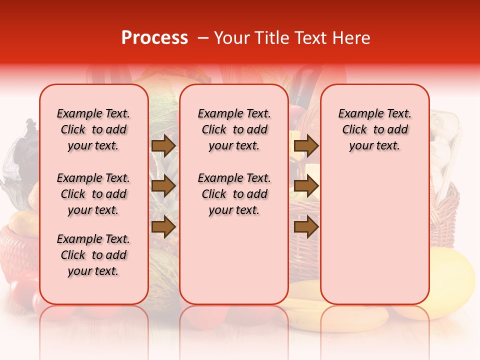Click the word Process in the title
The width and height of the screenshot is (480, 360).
click(x=154, y=38)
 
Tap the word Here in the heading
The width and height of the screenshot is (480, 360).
click(x=351, y=38)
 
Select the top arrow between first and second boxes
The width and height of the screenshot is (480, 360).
click(x=163, y=146)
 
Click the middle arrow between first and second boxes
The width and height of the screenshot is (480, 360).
click(x=163, y=186)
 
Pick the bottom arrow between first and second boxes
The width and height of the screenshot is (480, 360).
click(x=163, y=227)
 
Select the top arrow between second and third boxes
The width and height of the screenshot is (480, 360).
click(x=306, y=146)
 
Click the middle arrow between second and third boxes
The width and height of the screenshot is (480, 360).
click(x=306, y=186)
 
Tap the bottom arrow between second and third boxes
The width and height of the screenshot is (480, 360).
click(x=306, y=227)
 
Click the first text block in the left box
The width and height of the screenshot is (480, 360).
click(x=93, y=129)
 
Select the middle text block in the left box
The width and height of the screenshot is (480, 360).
click(x=93, y=194)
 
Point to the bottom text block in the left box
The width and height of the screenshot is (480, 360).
click(x=93, y=255)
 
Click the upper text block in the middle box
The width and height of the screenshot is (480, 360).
click(x=234, y=129)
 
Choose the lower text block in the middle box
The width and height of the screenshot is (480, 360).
click(x=234, y=194)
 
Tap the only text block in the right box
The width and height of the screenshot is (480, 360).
click(x=374, y=129)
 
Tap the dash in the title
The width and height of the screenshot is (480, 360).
click(x=203, y=38)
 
